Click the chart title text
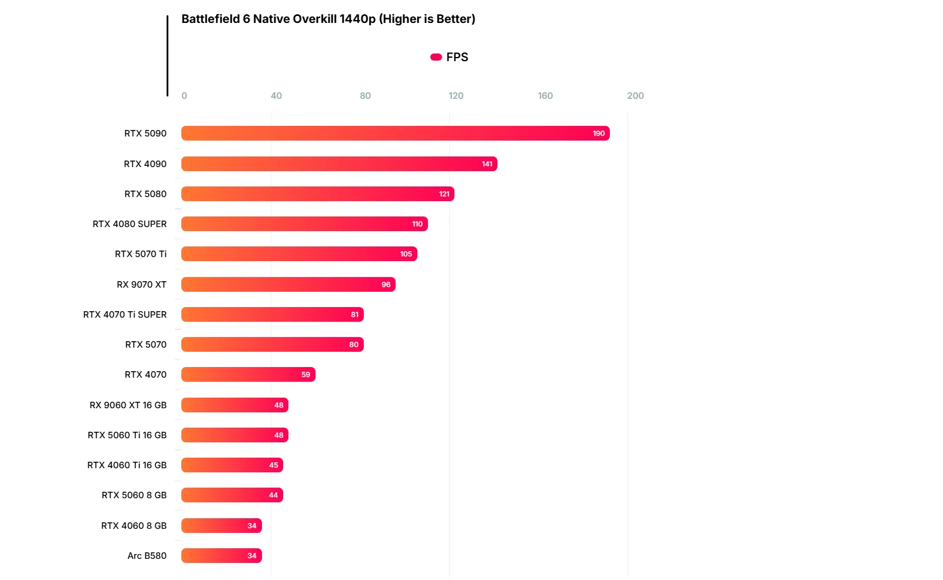coord(328,19)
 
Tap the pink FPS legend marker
coord(436,57)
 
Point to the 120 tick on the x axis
coord(456,96)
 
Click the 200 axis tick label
coord(635,96)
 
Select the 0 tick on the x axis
coord(184,96)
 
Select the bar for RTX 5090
coord(395,134)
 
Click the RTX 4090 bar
coord(339,164)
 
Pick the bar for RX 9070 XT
coord(288,285)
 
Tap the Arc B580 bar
coord(221,556)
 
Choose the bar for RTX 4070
coord(248,375)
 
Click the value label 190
coord(599,134)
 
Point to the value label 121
coord(444,194)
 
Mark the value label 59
coord(306,375)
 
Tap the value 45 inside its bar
coord(274,465)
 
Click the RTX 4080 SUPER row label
coord(130,224)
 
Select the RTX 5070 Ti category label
coord(141,254)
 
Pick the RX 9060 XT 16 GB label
coord(128,405)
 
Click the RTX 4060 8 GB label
coord(134,526)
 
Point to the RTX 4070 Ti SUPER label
coord(125,315)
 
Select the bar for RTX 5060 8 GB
coord(232,495)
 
